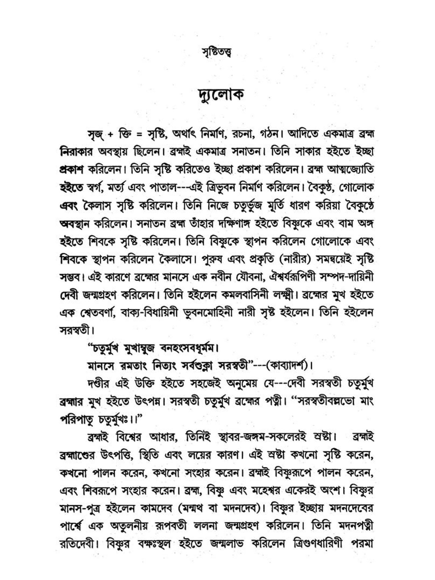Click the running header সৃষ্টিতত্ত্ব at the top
tap(217, 54)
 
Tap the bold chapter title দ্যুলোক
tap(217, 94)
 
